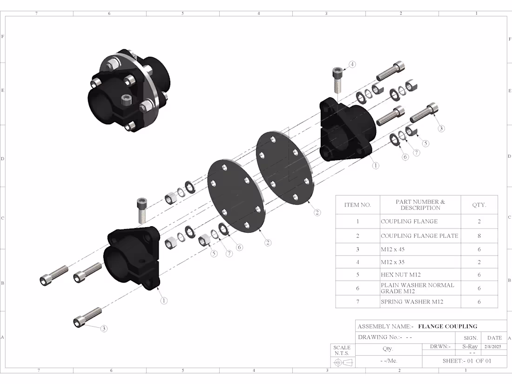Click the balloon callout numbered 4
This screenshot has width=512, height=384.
coord(352,64)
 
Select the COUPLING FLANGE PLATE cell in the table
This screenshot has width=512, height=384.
coord(419,236)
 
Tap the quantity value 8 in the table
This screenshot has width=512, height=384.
coord(479,236)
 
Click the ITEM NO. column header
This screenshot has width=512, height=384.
coord(357,205)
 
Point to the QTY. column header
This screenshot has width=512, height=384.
coord(479,205)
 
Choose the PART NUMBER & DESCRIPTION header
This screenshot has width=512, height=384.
coord(420,205)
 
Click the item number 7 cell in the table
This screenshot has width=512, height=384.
coord(357,302)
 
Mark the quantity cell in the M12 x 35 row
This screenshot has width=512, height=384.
coord(479,262)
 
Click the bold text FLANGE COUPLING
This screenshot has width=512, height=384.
coord(447,326)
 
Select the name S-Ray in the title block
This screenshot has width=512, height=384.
coord(470,346)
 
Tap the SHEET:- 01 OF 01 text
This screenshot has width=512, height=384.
coord(467,361)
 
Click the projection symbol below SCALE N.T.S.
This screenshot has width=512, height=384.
coord(342,362)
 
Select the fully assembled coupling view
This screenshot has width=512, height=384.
coord(126,91)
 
